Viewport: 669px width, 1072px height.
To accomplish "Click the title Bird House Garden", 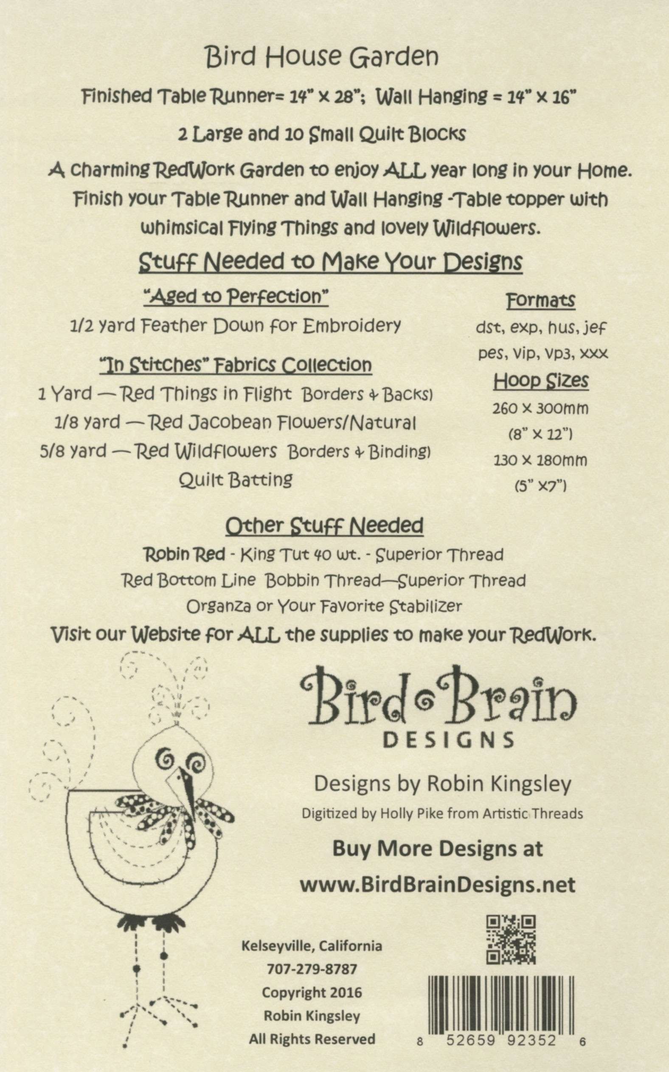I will (322, 57).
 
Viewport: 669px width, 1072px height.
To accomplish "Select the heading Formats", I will (540, 301).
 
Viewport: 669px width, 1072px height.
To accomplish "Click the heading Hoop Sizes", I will (541, 381).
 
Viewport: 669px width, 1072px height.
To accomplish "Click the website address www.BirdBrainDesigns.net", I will (438, 885).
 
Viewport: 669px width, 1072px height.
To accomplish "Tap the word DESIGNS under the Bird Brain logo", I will (448, 739).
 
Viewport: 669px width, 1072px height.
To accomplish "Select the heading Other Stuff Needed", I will (324, 526).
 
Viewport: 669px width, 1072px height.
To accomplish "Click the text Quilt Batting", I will (236, 480).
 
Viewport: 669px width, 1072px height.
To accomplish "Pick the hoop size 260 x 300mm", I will (540, 408).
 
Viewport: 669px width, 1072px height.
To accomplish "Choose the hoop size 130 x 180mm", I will (540, 461).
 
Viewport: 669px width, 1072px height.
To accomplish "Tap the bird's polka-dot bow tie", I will (175, 812).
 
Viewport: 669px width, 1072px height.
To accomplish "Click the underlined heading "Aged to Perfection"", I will (236, 297).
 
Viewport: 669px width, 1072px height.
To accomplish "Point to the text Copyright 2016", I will (312, 992).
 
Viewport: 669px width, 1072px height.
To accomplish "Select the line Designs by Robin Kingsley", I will (442, 784).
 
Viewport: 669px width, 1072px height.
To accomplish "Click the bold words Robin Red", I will (184, 554).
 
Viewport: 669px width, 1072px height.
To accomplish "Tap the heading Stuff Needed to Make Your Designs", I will (331, 262).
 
